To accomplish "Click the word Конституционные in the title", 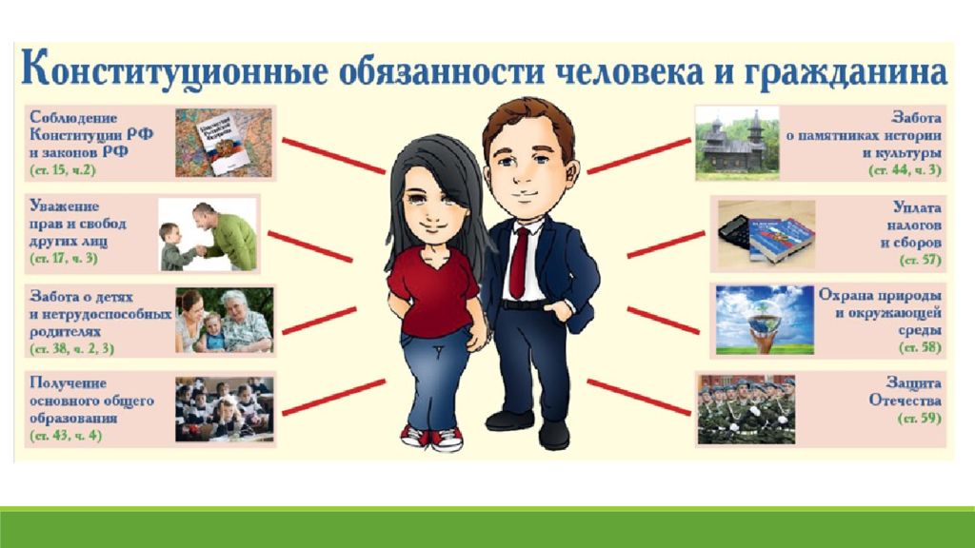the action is tap(173, 70).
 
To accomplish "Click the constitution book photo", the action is tap(224, 143).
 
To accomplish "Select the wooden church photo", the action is tap(737, 143).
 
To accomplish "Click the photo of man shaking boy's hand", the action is tap(208, 235).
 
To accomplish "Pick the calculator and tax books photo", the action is tap(766, 234).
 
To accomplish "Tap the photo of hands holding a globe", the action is tap(765, 320).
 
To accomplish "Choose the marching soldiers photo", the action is tap(746, 409).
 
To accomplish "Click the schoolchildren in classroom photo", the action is tap(225, 409).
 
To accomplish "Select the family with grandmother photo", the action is tap(225, 320).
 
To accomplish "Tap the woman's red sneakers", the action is tap(431, 438).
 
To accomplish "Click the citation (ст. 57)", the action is tap(921, 260).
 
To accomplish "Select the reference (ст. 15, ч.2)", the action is tap(63, 169).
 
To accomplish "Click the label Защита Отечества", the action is tap(905, 391).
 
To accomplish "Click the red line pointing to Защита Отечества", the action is tap(639, 397).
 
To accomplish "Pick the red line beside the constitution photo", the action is tap(334, 155).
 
